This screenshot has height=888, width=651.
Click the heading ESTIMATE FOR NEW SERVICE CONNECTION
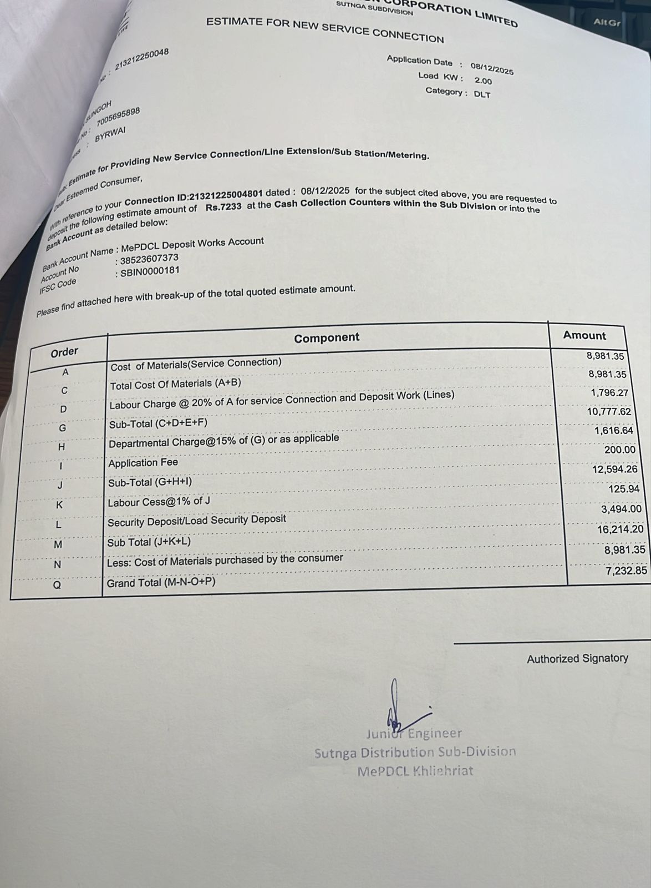tap(325, 30)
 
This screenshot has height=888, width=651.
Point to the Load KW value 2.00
tap(483, 81)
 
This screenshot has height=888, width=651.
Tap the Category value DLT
tap(482, 94)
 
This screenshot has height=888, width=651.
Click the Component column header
tap(327, 337)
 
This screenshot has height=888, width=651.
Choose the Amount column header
tap(584, 335)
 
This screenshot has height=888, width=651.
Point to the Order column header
tap(64, 352)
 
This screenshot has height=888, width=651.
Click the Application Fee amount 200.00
tap(619, 450)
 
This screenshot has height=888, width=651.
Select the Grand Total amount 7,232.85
tap(625, 570)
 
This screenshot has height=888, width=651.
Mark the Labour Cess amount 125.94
tap(624, 489)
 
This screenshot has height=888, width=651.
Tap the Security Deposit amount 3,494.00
tap(621, 509)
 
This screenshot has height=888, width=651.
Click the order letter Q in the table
tap(57, 584)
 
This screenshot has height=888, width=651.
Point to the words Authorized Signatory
tap(577, 659)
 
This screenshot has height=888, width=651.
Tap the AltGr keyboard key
tap(606, 22)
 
